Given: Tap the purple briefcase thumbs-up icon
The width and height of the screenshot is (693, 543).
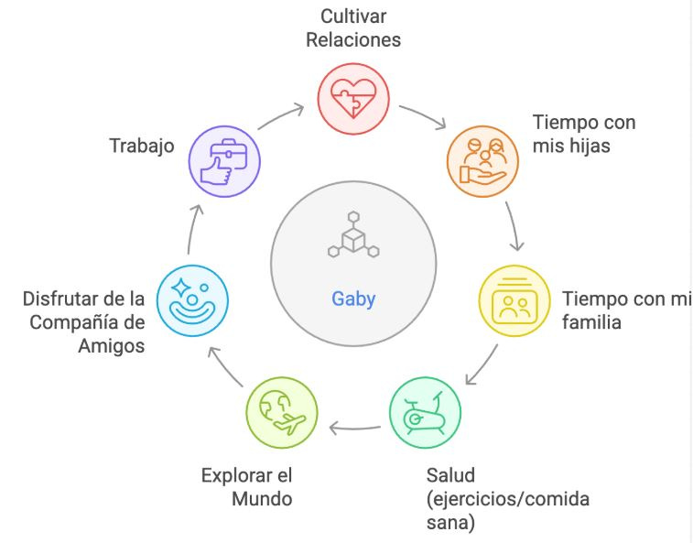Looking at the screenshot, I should pyautogui.click(x=223, y=161).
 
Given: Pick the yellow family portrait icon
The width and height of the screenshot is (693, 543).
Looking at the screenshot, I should pyautogui.click(x=515, y=303).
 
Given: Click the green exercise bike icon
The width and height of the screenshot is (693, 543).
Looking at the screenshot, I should pyautogui.click(x=426, y=413).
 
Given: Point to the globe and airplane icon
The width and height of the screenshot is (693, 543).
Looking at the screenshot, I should pyautogui.click(x=282, y=413).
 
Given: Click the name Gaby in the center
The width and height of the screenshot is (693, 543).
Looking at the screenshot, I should pyautogui.click(x=352, y=299).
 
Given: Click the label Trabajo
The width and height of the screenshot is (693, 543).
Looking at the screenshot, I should pyautogui.click(x=142, y=146).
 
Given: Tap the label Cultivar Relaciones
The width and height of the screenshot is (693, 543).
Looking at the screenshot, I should pyautogui.click(x=353, y=28).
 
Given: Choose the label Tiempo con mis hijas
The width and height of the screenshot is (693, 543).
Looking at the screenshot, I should pyautogui.click(x=584, y=135).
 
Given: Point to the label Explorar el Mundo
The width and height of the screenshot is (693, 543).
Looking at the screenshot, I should pyautogui.click(x=247, y=487).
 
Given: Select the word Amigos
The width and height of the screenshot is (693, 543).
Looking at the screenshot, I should pyautogui.click(x=113, y=345).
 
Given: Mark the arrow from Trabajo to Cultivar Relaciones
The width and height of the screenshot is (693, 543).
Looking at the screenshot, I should pyautogui.click(x=280, y=115).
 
